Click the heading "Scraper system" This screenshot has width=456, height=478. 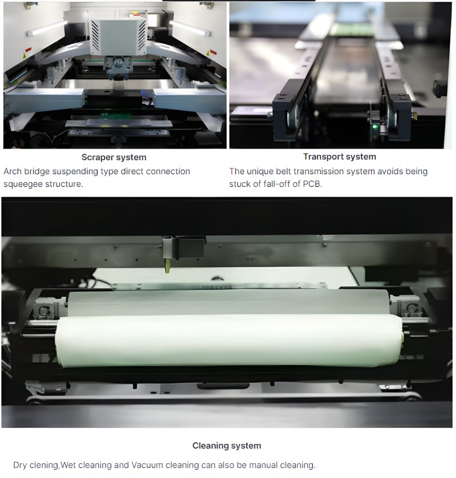click(x=114, y=157)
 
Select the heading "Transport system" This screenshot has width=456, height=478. click(x=339, y=157)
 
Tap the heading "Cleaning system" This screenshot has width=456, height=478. click(x=226, y=446)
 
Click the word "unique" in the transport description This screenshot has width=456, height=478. click(x=260, y=171)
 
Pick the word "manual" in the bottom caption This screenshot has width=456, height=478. click(x=260, y=465)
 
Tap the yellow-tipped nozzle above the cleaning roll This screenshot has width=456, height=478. click(x=167, y=265)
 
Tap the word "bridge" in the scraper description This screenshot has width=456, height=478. click(x=43, y=171)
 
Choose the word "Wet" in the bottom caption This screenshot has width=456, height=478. click(x=69, y=465)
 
